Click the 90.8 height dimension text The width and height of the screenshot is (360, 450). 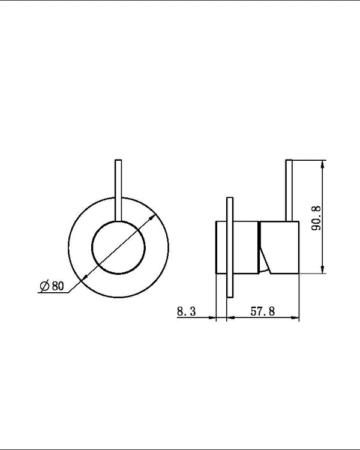317,218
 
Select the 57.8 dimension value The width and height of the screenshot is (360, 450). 263,311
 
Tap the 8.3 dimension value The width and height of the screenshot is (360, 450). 187,311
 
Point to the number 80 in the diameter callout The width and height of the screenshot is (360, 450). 58,286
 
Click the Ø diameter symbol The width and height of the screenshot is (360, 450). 44,286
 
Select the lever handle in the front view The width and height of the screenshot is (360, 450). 118,189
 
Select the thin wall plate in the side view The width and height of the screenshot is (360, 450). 229,247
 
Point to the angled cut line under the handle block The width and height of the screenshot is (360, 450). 265,260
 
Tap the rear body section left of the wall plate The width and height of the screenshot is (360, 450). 220,247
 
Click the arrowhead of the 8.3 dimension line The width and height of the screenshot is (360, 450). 212,319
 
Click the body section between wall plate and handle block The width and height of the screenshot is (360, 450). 245,247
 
